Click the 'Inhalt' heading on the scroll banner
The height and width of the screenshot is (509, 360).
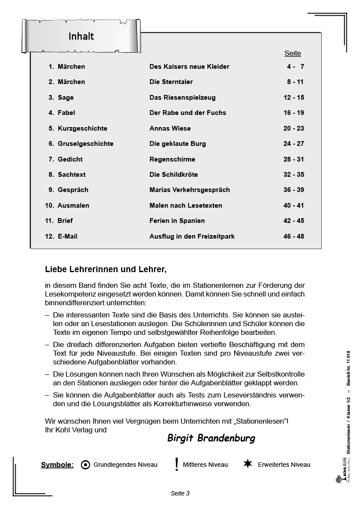81,36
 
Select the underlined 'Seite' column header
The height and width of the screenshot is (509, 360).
293,54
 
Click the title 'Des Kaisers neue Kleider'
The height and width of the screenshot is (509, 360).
189,67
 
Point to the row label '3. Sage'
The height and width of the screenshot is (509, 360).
61,98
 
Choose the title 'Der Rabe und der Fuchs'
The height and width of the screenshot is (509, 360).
188,113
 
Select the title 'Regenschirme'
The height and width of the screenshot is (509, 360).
172,159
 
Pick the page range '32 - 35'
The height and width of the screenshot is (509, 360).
294,175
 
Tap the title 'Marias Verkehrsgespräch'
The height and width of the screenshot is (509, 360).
190,190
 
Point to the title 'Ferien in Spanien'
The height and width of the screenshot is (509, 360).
177,221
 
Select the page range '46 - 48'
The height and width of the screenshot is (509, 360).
294,236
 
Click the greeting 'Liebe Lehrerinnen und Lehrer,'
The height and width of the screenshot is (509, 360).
106,270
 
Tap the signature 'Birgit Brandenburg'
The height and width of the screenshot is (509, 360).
211,438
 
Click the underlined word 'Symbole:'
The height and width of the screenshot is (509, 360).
57,465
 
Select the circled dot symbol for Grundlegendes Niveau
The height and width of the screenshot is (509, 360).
86,465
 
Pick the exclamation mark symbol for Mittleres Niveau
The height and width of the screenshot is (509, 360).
176,465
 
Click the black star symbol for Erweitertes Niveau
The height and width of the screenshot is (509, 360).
248,464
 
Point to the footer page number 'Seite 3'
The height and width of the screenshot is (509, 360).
180,493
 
